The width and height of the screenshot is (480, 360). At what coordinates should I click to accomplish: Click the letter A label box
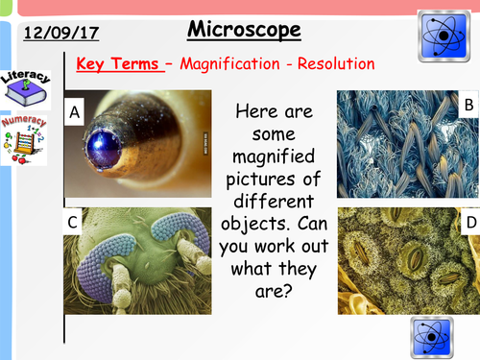(76, 111)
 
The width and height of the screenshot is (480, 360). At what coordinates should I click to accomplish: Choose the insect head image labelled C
(137, 259)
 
